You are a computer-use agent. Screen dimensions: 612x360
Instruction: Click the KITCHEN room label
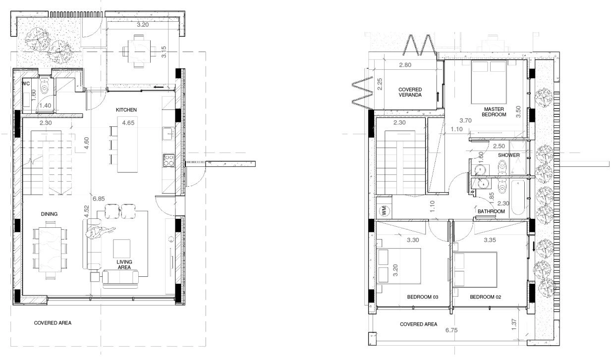[x=126, y=110]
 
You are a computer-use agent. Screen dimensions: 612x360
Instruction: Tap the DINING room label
[x=49, y=214]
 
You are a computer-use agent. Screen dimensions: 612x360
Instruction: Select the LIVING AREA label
[x=124, y=264]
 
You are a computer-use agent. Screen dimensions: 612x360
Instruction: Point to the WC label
[x=26, y=84]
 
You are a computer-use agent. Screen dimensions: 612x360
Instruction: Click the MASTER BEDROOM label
[x=494, y=112]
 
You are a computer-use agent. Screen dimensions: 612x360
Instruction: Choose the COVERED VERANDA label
[x=410, y=92]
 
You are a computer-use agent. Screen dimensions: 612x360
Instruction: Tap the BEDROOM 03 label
[x=423, y=297]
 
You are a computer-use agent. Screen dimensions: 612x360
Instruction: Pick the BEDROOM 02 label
[x=486, y=297]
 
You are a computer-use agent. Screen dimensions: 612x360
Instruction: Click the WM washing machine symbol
[x=384, y=210]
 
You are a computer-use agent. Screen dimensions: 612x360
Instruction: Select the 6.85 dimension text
[x=99, y=199]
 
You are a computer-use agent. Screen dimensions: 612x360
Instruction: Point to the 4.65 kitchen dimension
[x=128, y=123]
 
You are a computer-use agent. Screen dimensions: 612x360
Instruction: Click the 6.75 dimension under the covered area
[x=451, y=330]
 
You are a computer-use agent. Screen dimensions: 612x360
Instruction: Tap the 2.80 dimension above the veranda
[x=405, y=65]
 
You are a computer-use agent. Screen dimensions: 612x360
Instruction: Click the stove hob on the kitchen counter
[x=168, y=160]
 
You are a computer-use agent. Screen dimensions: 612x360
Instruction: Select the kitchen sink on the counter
[x=168, y=134]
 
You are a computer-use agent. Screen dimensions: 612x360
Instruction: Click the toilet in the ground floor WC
[x=44, y=86]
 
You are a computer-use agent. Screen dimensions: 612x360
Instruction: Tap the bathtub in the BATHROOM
[x=518, y=197]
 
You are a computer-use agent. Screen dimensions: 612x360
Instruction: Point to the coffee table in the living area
[x=121, y=249]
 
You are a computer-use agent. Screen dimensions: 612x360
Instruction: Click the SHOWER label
[x=509, y=155]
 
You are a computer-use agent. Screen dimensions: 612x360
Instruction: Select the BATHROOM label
[x=491, y=211]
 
